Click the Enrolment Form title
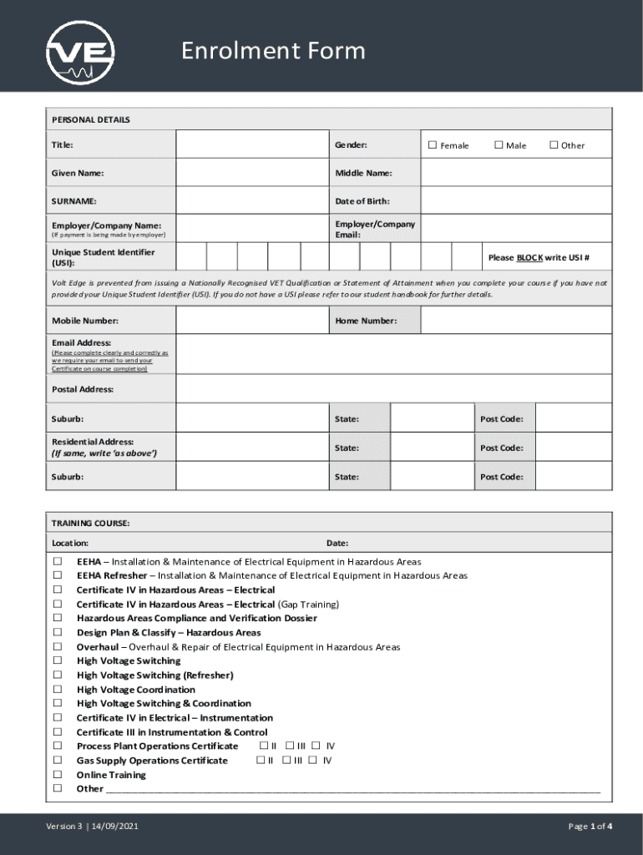(274, 51)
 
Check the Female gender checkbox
(433, 145)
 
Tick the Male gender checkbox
(499, 145)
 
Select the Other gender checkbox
(553, 145)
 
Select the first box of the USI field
(192, 256)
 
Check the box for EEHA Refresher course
(58, 575)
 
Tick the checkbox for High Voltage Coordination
(58, 689)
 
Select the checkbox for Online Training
(58, 774)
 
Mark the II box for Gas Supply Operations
(261, 760)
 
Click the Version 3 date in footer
(92, 827)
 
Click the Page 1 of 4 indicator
(590, 827)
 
